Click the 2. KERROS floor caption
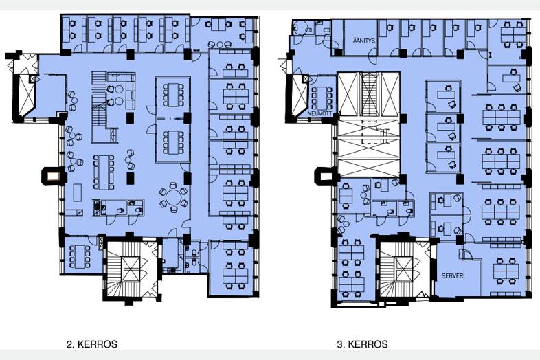[x=91, y=344]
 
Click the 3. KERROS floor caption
[x=362, y=344]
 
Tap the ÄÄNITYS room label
[x=363, y=41]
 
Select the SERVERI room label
[x=453, y=275]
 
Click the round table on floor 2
[x=173, y=197]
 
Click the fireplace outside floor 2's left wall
[x=53, y=177]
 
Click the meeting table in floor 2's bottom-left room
[x=80, y=256]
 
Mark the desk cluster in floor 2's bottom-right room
[x=236, y=269]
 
